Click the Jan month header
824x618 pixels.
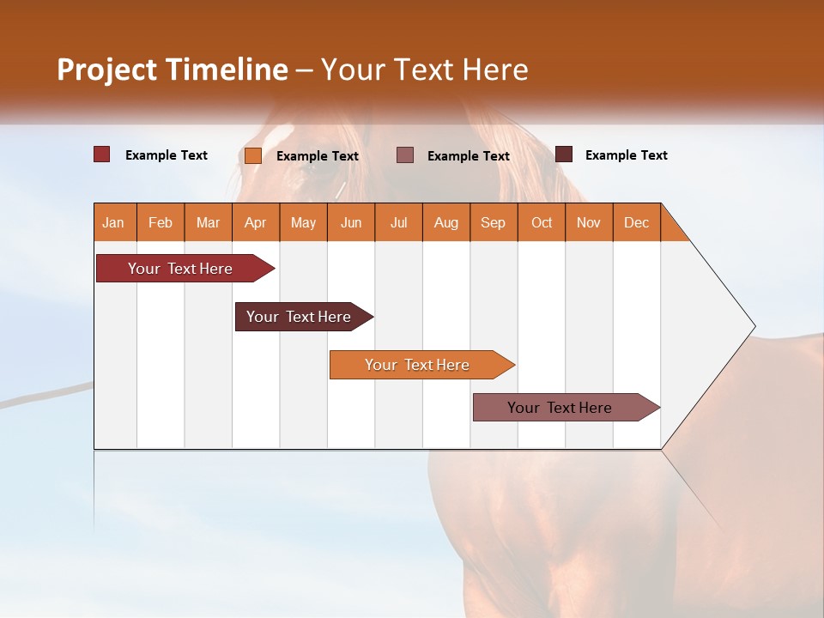[x=113, y=222]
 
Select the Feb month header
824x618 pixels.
[x=161, y=222]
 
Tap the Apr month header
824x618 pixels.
[x=256, y=222]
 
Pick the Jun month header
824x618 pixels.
[x=351, y=222]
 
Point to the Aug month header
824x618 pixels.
[x=446, y=222]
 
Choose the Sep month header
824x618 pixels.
[x=494, y=222]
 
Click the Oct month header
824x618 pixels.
[x=542, y=222]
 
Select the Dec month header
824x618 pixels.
[x=637, y=222]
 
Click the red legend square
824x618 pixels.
[x=102, y=154]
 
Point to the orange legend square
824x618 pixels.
[x=253, y=155]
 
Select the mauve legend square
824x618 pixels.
[x=405, y=154]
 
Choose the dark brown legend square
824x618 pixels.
[x=564, y=154]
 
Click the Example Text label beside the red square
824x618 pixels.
[x=167, y=155]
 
